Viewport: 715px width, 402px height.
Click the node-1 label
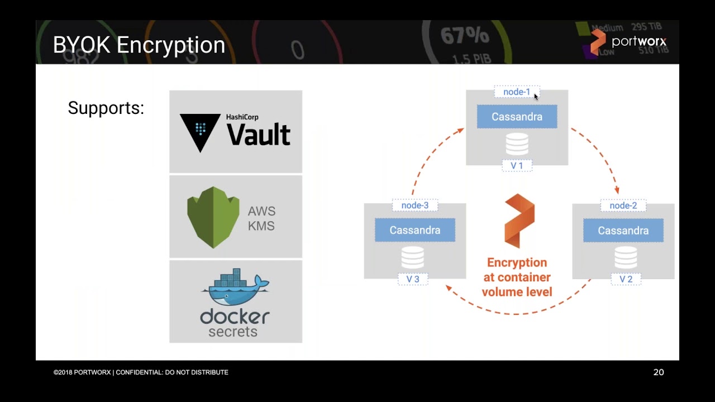point(517,92)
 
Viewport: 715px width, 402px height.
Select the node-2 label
point(623,205)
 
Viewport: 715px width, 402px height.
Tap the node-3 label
point(414,205)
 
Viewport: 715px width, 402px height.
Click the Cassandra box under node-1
point(517,117)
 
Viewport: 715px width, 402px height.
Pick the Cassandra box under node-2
point(623,231)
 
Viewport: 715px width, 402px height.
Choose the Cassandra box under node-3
point(414,230)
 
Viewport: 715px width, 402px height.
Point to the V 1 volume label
point(517,166)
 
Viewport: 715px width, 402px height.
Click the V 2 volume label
point(626,279)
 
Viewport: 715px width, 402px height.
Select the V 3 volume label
point(413,279)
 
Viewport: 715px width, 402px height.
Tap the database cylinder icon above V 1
point(517,143)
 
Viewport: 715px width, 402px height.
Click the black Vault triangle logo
point(200,132)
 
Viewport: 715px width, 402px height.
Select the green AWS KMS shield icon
point(213,217)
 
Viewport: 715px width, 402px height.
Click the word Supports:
point(106,108)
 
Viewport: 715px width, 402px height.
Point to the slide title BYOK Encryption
point(139,45)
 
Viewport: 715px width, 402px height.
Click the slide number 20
point(658,372)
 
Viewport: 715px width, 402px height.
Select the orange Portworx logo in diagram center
point(519,221)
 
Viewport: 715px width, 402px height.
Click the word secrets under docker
point(233,332)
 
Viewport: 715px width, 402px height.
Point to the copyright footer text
point(141,372)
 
